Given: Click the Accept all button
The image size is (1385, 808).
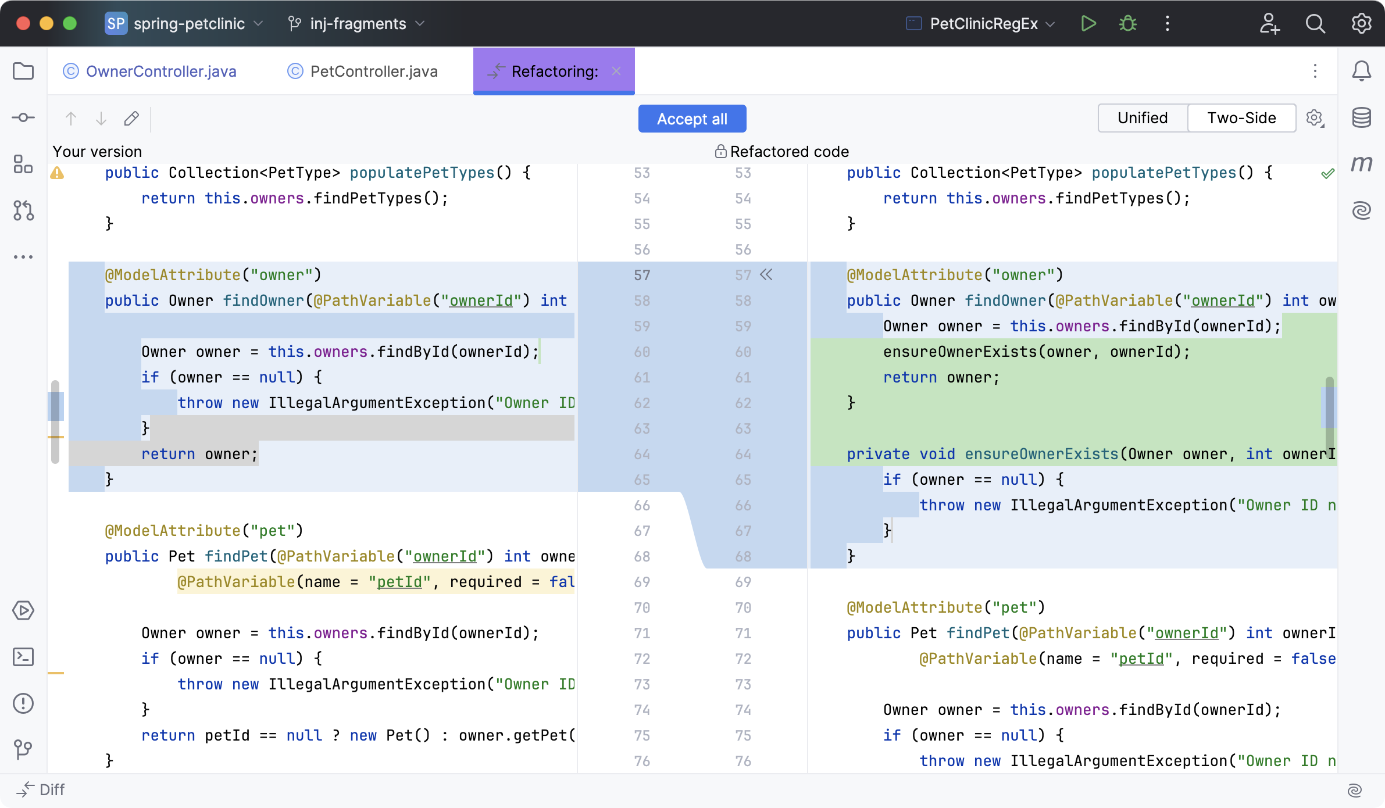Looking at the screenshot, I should click(x=692, y=119).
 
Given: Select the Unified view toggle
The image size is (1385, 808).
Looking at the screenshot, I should click(x=1142, y=118).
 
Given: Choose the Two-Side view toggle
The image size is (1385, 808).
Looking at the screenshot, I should click(x=1241, y=118).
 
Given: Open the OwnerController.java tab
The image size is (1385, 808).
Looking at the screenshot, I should click(x=160, y=71).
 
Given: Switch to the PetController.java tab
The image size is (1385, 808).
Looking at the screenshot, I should click(x=373, y=71).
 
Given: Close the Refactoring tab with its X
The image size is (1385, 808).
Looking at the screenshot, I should click(x=616, y=71).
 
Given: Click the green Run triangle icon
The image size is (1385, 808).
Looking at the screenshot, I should click(x=1088, y=24).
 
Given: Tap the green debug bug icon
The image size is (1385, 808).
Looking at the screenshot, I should click(x=1127, y=24).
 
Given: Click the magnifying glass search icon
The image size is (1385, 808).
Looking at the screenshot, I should click(x=1315, y=24).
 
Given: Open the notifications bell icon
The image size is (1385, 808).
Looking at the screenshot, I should click(x=1361, y=71).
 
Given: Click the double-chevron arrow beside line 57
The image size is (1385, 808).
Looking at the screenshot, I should click(x=766, y=275).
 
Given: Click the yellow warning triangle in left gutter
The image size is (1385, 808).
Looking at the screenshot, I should click(x=58, y=173).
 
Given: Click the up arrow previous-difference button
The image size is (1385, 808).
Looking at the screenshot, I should click(x=71, y=119).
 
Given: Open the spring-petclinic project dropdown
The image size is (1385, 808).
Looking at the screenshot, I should click(x=188, y=24).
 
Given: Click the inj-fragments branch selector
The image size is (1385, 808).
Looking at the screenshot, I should click(x=357, y=24).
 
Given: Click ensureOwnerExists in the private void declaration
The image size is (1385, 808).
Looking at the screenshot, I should click(x=1041, y=454).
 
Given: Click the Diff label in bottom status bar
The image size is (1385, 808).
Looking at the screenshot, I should click(x=51, y=790).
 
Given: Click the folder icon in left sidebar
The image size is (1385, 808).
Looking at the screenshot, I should click(x=23, y=71).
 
